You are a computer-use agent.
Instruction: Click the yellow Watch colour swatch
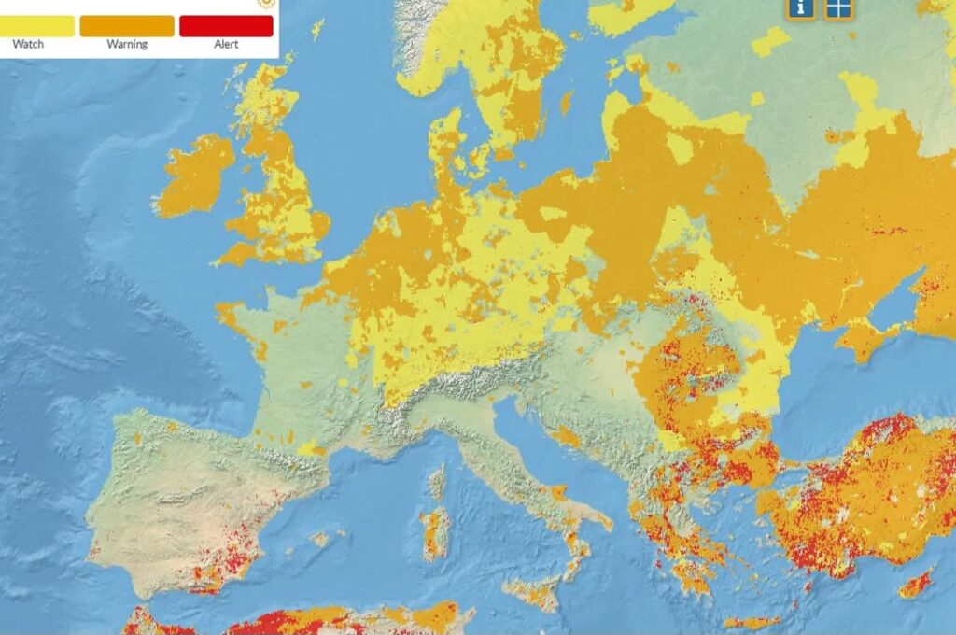[37, 25]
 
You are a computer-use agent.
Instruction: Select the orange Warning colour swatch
[127, 25]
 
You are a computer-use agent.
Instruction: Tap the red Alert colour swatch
[226, 25]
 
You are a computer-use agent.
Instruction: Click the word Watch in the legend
[28, 44]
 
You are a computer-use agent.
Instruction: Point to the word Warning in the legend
[127, 44]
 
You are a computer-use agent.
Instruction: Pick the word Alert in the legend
[226, 44]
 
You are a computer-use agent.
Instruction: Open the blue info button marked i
[800, 7]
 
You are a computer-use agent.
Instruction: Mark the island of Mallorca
[321, 540]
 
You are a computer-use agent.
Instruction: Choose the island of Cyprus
[915, 585]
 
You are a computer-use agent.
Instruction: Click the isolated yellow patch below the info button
[770, 41]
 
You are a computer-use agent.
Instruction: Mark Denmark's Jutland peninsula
[446, 149]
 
